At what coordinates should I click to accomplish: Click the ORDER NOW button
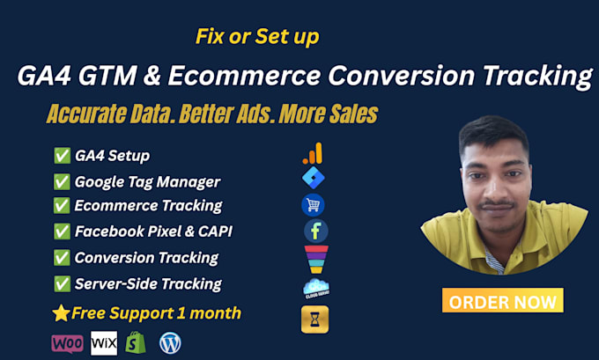pos(502,300)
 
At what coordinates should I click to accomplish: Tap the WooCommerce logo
pos(67,343)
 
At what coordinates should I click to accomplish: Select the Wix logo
pos(104,343)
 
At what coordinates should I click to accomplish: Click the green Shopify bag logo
pos(136,342)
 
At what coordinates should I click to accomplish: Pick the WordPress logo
pos(170,343)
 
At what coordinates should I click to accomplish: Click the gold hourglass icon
pos(314,320)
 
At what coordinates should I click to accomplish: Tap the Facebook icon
pos(316,231)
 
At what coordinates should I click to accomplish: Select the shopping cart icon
pos(313,205)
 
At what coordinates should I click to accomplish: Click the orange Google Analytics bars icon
pos(313,153)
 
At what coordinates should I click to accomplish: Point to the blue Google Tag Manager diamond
pos(314,178)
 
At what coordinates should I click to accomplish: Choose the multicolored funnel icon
pos(316,260)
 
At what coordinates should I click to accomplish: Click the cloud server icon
pos(316,289)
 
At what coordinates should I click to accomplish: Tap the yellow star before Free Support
pos(61,313)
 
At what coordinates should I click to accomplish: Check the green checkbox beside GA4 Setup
pos(62,156)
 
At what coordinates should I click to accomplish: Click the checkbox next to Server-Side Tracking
pos(62,284)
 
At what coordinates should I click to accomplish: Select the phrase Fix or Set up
pos(257,37)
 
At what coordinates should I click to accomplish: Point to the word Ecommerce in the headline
pos(245,75)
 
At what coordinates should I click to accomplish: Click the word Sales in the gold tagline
pos(354,114)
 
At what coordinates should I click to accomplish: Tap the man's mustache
pos(497,204)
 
